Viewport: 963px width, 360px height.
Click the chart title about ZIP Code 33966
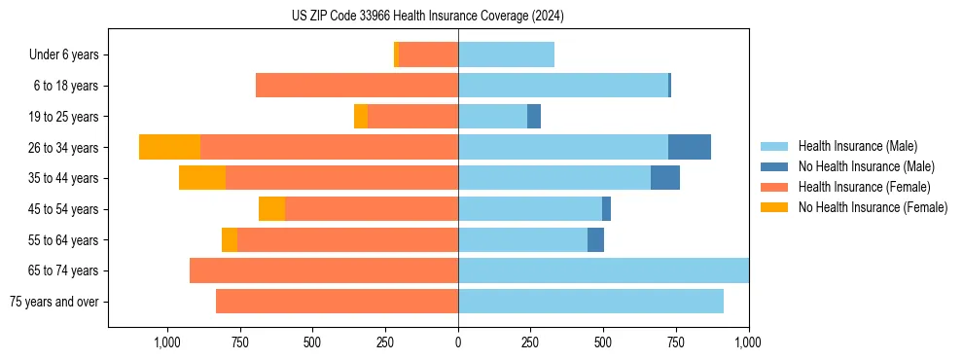tap(428, 17)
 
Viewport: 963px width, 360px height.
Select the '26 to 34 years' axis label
tap(63, 148)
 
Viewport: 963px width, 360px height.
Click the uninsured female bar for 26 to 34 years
tap(169, 147)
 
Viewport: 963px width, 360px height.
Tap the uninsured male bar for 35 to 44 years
tap(665, 178)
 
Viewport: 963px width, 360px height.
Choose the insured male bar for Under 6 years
tap(506, 54)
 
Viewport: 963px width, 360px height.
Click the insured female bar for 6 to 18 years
tap(357, 86)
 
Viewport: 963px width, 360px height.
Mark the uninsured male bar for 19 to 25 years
tap(534, 117)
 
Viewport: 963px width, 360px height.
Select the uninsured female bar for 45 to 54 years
tap(271, 209)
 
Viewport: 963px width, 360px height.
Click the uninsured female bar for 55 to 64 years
tap(230, 240)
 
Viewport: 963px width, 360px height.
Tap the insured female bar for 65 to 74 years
tap(324, 270)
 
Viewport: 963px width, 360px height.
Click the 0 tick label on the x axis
tap(458, 342)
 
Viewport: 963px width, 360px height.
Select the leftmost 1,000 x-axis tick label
tap(167, 342)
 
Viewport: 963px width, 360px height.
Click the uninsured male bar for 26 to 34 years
tap(690, 147)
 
